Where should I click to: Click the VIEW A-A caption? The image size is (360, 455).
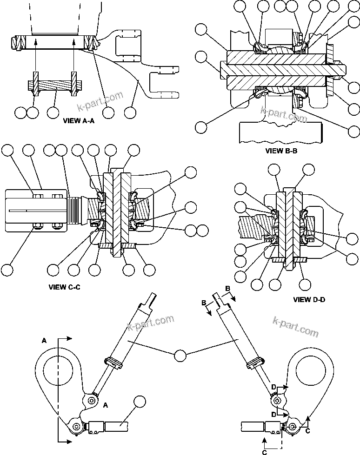tap(78, 120)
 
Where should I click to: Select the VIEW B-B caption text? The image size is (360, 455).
tap(281, 151)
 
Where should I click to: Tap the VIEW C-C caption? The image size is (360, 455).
tap(64, 287)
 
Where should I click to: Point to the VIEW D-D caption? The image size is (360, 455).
tap(309, 299)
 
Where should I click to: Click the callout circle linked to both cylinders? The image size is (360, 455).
tap(180, 356)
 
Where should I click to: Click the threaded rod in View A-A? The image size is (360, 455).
tap(54, 86)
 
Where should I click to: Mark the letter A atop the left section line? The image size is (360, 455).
tap(44, 340)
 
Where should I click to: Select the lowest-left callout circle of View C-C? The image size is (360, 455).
tap(8, 270)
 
